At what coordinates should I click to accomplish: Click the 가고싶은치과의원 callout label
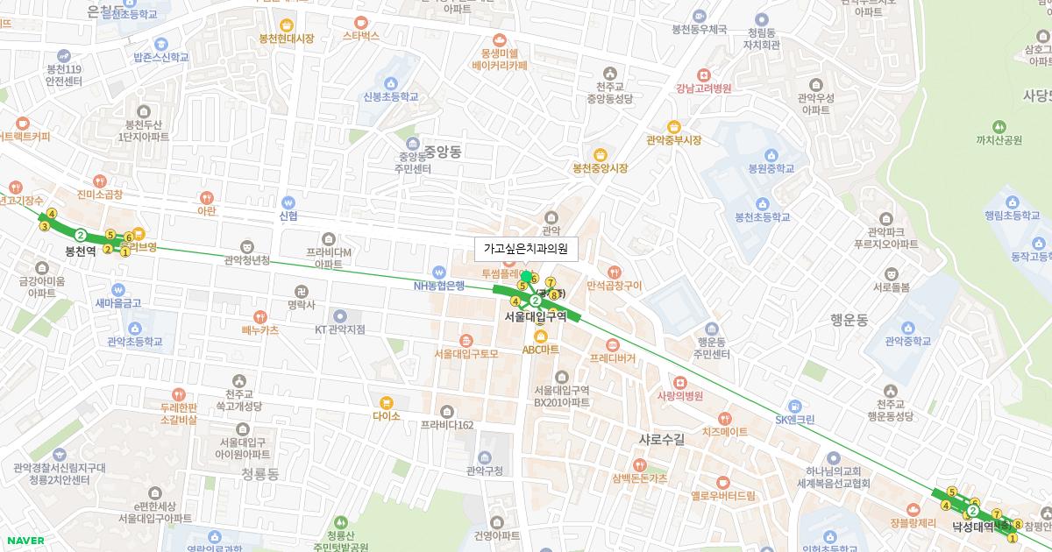[526, 250]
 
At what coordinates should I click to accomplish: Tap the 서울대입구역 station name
[536, 317]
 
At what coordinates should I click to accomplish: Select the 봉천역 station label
[81, 251]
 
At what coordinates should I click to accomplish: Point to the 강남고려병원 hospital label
[703, 88]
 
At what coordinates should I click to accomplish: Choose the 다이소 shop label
[387, 416]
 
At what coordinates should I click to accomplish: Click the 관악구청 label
[485, 471]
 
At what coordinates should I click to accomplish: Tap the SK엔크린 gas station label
[794, 420]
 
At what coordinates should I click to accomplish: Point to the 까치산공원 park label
[999, 139]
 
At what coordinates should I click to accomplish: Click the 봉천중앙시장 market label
[601, 168]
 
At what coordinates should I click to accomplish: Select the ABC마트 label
[541, 349]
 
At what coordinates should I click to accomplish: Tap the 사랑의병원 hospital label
[680, 395]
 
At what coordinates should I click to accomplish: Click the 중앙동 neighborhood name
[442, 152]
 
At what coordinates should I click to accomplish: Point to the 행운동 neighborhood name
[849, 321]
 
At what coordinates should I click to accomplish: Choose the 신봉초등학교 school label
[390, 96]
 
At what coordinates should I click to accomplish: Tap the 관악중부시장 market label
[673, 140]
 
